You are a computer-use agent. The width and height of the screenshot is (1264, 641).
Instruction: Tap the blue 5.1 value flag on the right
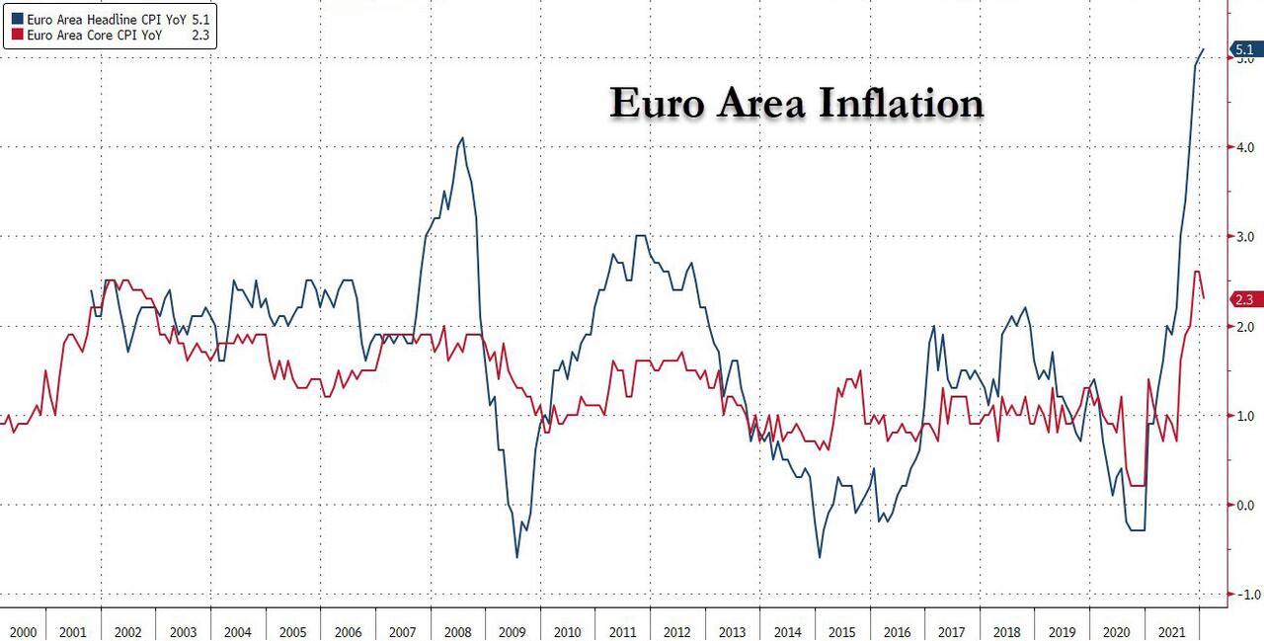(1245, 49)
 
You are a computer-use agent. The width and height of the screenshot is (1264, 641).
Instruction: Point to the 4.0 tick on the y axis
(1241, 147)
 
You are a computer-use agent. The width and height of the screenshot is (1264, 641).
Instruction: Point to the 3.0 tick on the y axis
(1241, 237)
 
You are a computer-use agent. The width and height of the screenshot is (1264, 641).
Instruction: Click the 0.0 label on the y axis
(1241, 505)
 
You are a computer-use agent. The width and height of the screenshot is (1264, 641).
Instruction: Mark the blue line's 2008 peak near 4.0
(462, 138)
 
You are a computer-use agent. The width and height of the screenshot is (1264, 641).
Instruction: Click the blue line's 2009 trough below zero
(516, 557)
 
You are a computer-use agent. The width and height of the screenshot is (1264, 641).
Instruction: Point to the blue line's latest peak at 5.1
(1202, 48)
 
